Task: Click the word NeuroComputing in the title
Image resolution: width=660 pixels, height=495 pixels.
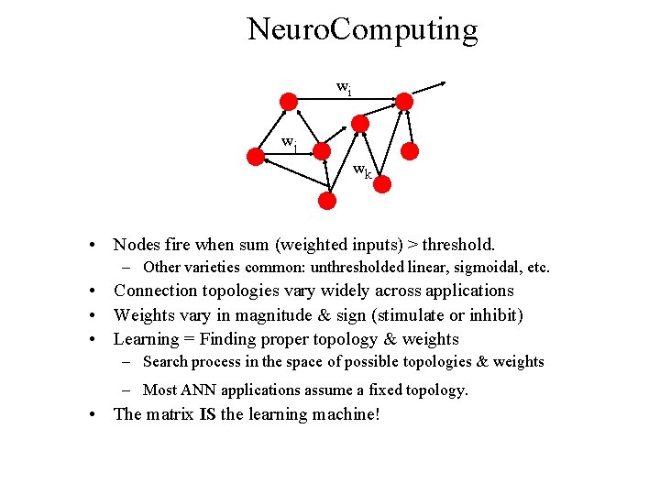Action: pyautogui.click(x=362, y=30)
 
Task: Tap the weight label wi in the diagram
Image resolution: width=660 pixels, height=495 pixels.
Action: pyautogui.click(x=344, y=89)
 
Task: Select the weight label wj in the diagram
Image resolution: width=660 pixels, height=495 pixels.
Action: pyautogui.click(x=289, y=143)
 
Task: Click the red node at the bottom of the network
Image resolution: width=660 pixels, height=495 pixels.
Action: pyautogui.click(x=326, y=200)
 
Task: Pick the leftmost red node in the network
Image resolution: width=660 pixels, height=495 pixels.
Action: pyautogui.click(x=256, y=156)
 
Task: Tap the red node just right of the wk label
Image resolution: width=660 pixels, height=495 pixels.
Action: pyautogui.click(x=382, y=184)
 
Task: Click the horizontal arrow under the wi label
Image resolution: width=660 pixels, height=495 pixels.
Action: pyautogui.click(x=344, y=100)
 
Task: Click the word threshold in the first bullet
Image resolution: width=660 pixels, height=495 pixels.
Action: pyautogui.click(x=457, y=245)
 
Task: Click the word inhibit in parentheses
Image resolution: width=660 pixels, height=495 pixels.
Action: pyautogui.click(x=491, y=315)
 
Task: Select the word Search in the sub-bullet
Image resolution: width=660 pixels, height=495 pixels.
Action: pyautogui.click(x=165, y=362)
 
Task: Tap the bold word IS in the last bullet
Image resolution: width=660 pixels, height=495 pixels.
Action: pyautogui.click(x=207, y=413)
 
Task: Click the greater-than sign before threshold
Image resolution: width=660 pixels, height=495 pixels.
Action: pyautogui.click(x=412, y=245)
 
